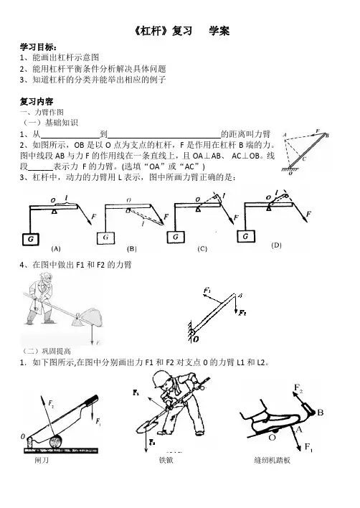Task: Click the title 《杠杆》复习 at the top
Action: [163, 31]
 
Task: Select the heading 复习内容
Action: [37, 101]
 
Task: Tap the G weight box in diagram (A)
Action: [31, 239]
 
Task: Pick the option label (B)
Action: [132, 249]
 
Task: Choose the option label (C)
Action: [202, 249]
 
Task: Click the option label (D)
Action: [276, 245]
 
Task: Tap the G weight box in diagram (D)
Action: [246, 236]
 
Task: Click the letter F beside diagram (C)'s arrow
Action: [236, 217]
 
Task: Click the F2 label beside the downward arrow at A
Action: [242, 313]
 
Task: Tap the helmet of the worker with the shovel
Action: [161, 378]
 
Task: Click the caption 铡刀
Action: [42, 460]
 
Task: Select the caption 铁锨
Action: [166, 460]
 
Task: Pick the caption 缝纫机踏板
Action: [273, 460]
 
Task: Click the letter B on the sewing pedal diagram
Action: [320, 413]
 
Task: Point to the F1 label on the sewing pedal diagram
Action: [308, 448]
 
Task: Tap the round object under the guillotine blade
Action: [57, 442]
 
